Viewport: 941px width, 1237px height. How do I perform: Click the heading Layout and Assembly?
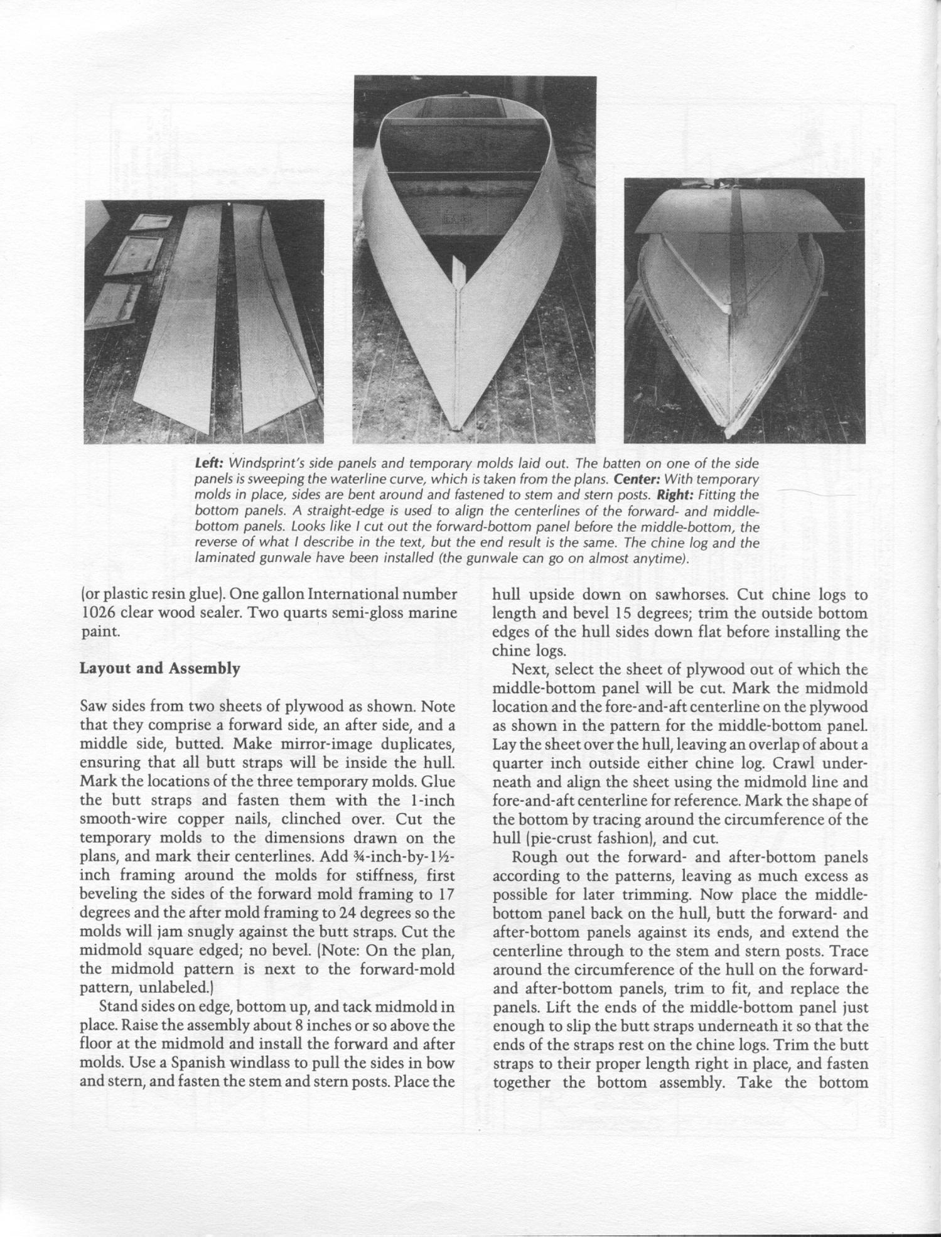(x=159, y=669)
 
